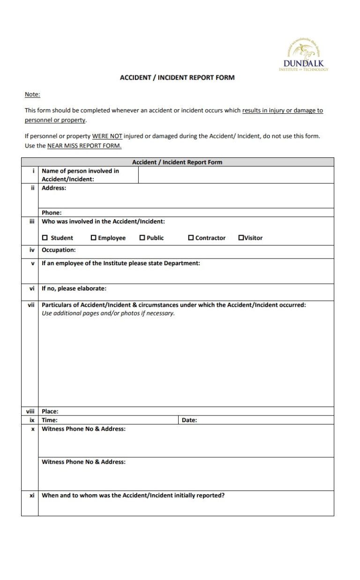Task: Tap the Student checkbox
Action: click(x=45, y=238)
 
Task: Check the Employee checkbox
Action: click(x=93, y=238)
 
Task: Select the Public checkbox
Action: click(x=142, y=238)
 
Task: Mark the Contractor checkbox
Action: click(x=191, y=238)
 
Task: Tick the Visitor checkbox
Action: click(x=241, y=238)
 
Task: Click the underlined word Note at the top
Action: click(x=32, y=95)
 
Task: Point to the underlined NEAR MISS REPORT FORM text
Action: click(x=84, y=146)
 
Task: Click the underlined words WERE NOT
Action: click(x=107, y=136)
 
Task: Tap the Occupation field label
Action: click(x=59, y=250)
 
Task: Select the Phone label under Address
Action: click(x=52, y=212)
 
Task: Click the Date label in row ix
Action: click(x=189, y=420)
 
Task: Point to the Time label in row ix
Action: click(x=50, y=420)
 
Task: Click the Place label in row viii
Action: click(x=50, y=411)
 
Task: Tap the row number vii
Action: click(x=31, y=305)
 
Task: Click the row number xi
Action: click(x=32, y=495)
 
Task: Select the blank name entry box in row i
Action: click(x=236, y=175)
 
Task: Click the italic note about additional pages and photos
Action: click(x=108, y=313)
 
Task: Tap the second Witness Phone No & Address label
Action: click(x=83, y=462)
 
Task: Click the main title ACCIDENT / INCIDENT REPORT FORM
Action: click(x=177, y=77)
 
